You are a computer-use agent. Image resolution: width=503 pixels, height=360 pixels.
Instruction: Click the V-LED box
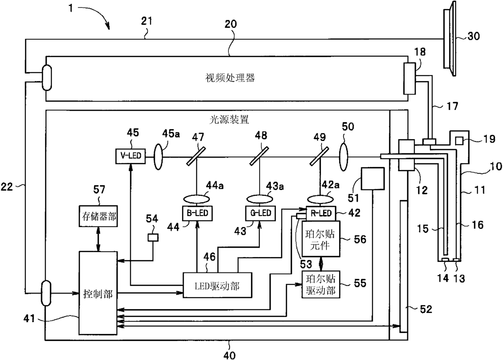pyautogui.click(x=131, y=156)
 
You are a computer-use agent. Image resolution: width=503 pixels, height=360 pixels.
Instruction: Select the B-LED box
pyautogui.click(x=197, y=213)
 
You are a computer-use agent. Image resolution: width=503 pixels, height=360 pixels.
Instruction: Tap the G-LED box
pyautogui.click(x=260, y=213)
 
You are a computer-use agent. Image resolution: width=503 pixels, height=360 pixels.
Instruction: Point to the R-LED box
pyautogui.click(x=321, y=213)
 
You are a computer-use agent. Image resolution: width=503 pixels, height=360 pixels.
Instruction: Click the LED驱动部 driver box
pyautogui.click(x=217, y=285)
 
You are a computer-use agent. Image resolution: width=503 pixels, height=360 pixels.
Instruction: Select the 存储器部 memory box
pyautogui.click(x=98, y=216)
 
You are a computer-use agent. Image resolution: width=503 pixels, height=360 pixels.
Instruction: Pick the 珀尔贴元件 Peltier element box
pyautogui.click(x=321, y=239)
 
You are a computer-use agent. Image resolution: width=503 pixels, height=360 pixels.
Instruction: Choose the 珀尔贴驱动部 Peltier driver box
pyautogui.click(x=321, y=285)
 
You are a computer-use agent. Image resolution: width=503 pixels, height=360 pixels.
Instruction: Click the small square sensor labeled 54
pyautogui.click(x=153, y=238)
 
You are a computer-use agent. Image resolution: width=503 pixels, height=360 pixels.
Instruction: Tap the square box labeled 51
pyautogui.click(x=372, y=179)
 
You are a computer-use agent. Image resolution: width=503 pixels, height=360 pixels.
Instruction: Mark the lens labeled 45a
pyautogui.click(x=158, y=156)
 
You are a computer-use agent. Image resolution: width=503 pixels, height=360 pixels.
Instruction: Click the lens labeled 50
pyautogui.click(x=344, y=157)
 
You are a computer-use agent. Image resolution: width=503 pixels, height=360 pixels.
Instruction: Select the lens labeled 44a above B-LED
pyautogui.click(x=197, y=199)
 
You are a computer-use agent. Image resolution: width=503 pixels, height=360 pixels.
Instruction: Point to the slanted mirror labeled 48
pyautogui.click(x=259, y=156)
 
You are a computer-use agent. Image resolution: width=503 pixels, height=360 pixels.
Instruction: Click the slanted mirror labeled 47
pyautogui.click(x=196, y=156)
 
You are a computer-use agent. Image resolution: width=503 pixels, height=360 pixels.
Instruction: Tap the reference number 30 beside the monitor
pyautogui.click(x=473, y=36)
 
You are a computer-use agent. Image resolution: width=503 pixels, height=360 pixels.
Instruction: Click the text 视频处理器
pyautogui.click(x=230, y=78)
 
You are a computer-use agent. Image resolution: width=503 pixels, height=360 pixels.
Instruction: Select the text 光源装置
pyautogui.click(x=229, y=120)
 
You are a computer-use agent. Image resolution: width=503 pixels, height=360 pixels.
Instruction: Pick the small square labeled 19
pyautogui.click(x=459, y=141)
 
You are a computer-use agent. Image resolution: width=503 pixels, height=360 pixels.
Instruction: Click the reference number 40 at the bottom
pyautogui.click(x=230, y=355)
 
